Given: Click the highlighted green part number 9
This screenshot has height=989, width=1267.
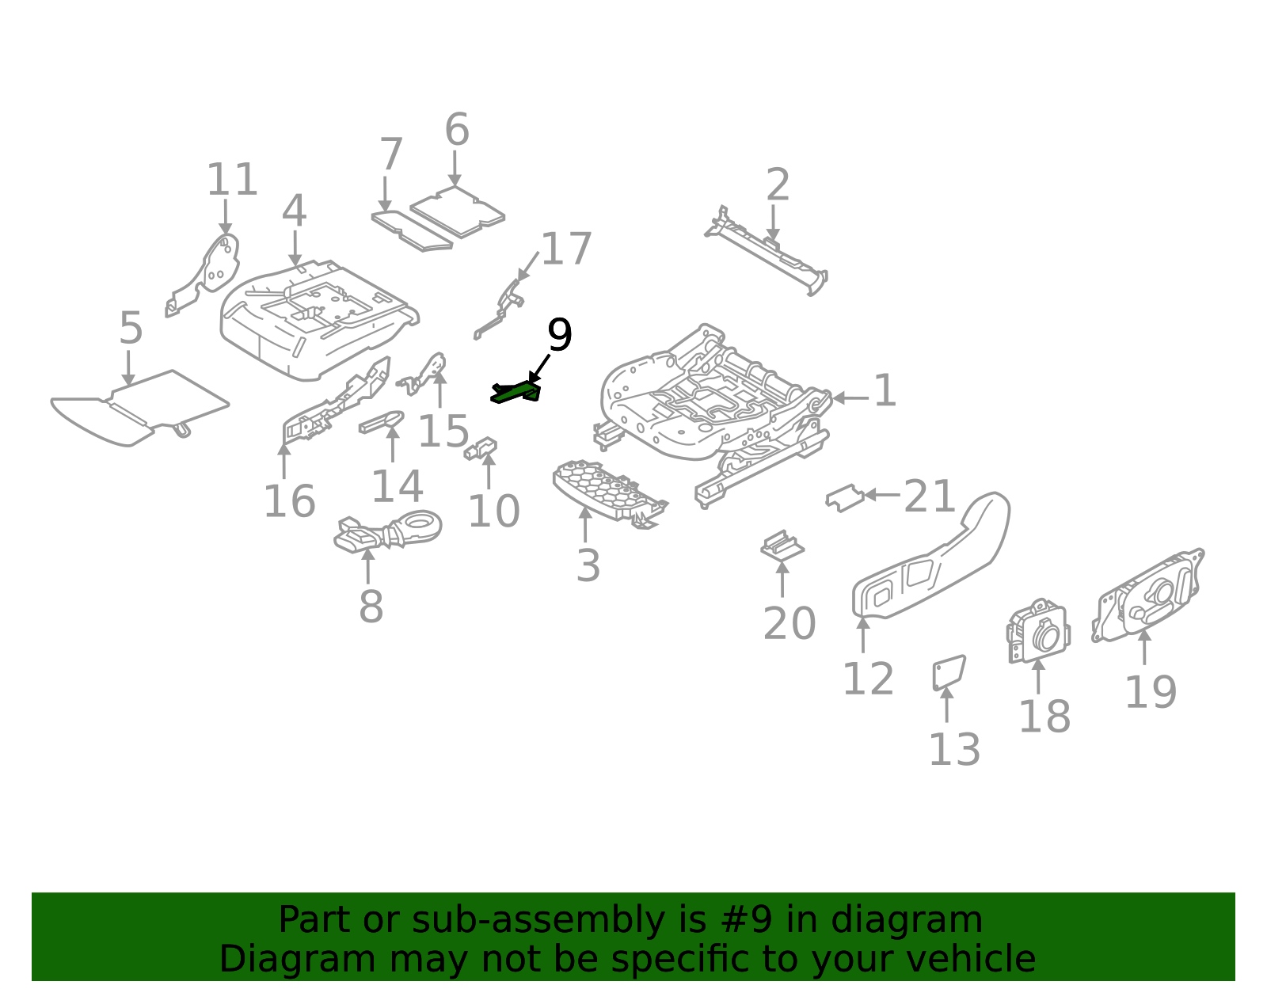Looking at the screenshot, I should click(x=516, y=392).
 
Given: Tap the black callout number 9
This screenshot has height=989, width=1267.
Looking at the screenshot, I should click(x=559, y=337).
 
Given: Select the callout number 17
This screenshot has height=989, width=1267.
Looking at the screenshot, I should click(x=565, y=249).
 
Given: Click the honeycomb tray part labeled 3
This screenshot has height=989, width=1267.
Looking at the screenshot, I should click(x=606, y=491).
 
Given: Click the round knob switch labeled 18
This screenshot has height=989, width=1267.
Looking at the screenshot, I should click(x=1039, y=633).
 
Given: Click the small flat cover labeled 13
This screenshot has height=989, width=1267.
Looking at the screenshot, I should click(x=949, y=671).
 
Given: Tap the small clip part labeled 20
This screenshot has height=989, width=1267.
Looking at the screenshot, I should click(x=782, y=546).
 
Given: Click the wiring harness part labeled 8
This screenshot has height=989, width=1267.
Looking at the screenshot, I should click(x=388, y=531).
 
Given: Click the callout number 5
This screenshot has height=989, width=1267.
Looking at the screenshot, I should click(x=131, y=329).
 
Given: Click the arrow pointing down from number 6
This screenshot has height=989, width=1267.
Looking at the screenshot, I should click(x=455, y=168).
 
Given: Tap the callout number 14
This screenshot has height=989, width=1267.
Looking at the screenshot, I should click(x=397, y=486).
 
